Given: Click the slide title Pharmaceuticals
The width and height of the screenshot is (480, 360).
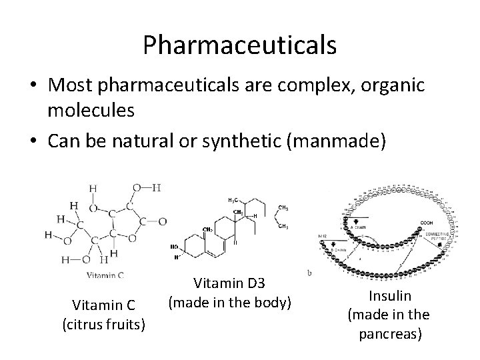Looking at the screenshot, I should coord(239,45).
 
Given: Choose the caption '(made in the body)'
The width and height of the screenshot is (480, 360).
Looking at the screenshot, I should coord(230,302).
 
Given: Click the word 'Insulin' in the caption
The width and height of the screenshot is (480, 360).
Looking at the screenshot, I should coord(387,297).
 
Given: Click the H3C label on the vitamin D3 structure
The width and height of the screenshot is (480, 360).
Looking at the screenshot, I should coord(235,200).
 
